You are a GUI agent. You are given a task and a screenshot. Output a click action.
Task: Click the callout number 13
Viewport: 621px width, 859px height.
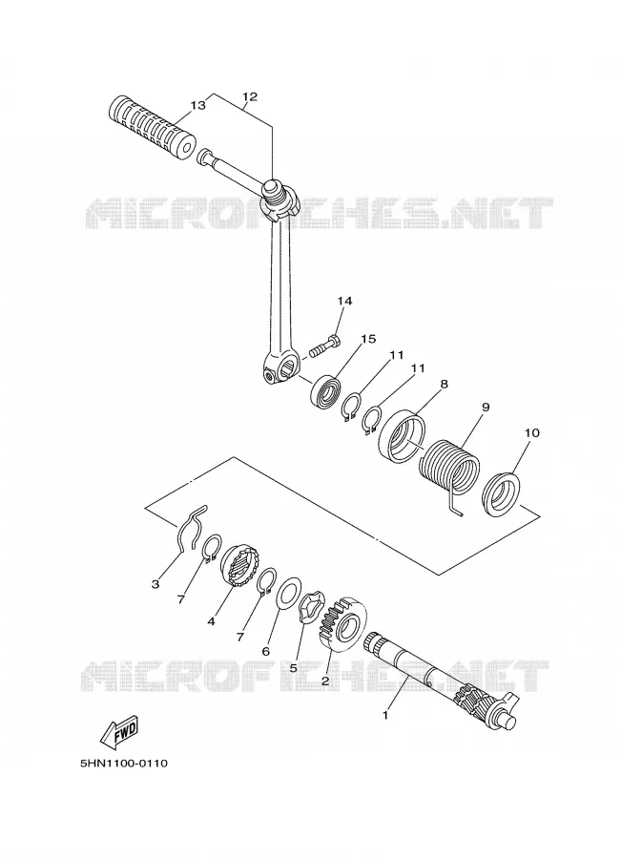click(x=197, y=105)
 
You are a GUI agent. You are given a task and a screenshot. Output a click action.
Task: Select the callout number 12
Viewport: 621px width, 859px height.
click(x=249, y=96)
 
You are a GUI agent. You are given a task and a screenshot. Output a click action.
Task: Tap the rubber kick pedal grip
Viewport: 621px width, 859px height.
click(x=153, y=125)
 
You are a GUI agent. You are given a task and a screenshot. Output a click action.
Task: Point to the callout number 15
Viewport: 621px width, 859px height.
click(x=368, y=339)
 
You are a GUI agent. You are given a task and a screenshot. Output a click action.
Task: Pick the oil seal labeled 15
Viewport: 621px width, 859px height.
click(x=326, y=389)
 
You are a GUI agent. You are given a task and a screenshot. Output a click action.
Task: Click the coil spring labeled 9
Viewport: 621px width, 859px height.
click(x=448, y=469)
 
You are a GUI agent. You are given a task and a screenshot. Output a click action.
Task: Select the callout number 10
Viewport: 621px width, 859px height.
click(x=531, y=432)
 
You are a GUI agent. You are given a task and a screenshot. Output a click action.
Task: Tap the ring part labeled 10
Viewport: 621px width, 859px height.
click(x=501, y=494)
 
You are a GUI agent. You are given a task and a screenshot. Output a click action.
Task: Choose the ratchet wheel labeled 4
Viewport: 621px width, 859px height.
click(x=238, y=566)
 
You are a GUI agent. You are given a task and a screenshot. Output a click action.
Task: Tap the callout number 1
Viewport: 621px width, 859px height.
click(x=385, y=715)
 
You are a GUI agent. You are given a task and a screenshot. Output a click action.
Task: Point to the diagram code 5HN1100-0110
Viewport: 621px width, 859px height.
click(x=124, y=763)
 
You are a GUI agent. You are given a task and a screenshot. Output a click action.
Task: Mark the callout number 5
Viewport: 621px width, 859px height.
click(x=293, y=668)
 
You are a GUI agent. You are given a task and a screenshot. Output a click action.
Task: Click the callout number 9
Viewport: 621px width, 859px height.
click(x=486, y=408)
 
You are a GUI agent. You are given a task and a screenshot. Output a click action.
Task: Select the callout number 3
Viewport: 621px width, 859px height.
click(x=155, y=584)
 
